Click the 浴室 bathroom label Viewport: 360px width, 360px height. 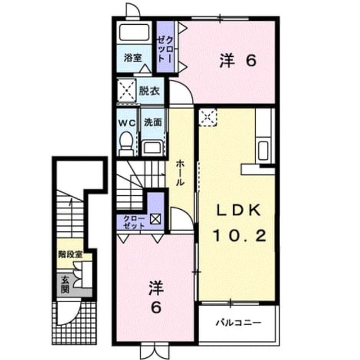click(x=133, y=57)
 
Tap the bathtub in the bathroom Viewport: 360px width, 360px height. click(x=134, y=32)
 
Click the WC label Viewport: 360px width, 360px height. click(x=127, y=123)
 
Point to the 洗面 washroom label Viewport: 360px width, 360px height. click(x=152, y=123)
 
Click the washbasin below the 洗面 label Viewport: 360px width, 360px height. click(x=152, y=147)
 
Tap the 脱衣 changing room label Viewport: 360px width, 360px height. click(x=149, y=91)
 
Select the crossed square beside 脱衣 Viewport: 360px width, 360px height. click(x=126, y=90)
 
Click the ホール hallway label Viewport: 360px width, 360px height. click(x=180, y=173)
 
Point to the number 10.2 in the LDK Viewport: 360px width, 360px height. click(x=240, y=235)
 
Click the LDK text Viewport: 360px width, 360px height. click(x=238, y=210)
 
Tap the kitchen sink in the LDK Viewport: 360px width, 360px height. click(x=263, y=151)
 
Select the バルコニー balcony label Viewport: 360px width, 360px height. click(x=238, y=323)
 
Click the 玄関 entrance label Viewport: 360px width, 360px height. click(x=65, y=285)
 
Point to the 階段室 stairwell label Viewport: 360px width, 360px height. click(x=70, y=254)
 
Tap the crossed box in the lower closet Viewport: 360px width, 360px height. click(x=155, y=219)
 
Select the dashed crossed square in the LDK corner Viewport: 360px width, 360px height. click(x=208, y=118)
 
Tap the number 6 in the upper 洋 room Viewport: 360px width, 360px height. click(x=251, y=61)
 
